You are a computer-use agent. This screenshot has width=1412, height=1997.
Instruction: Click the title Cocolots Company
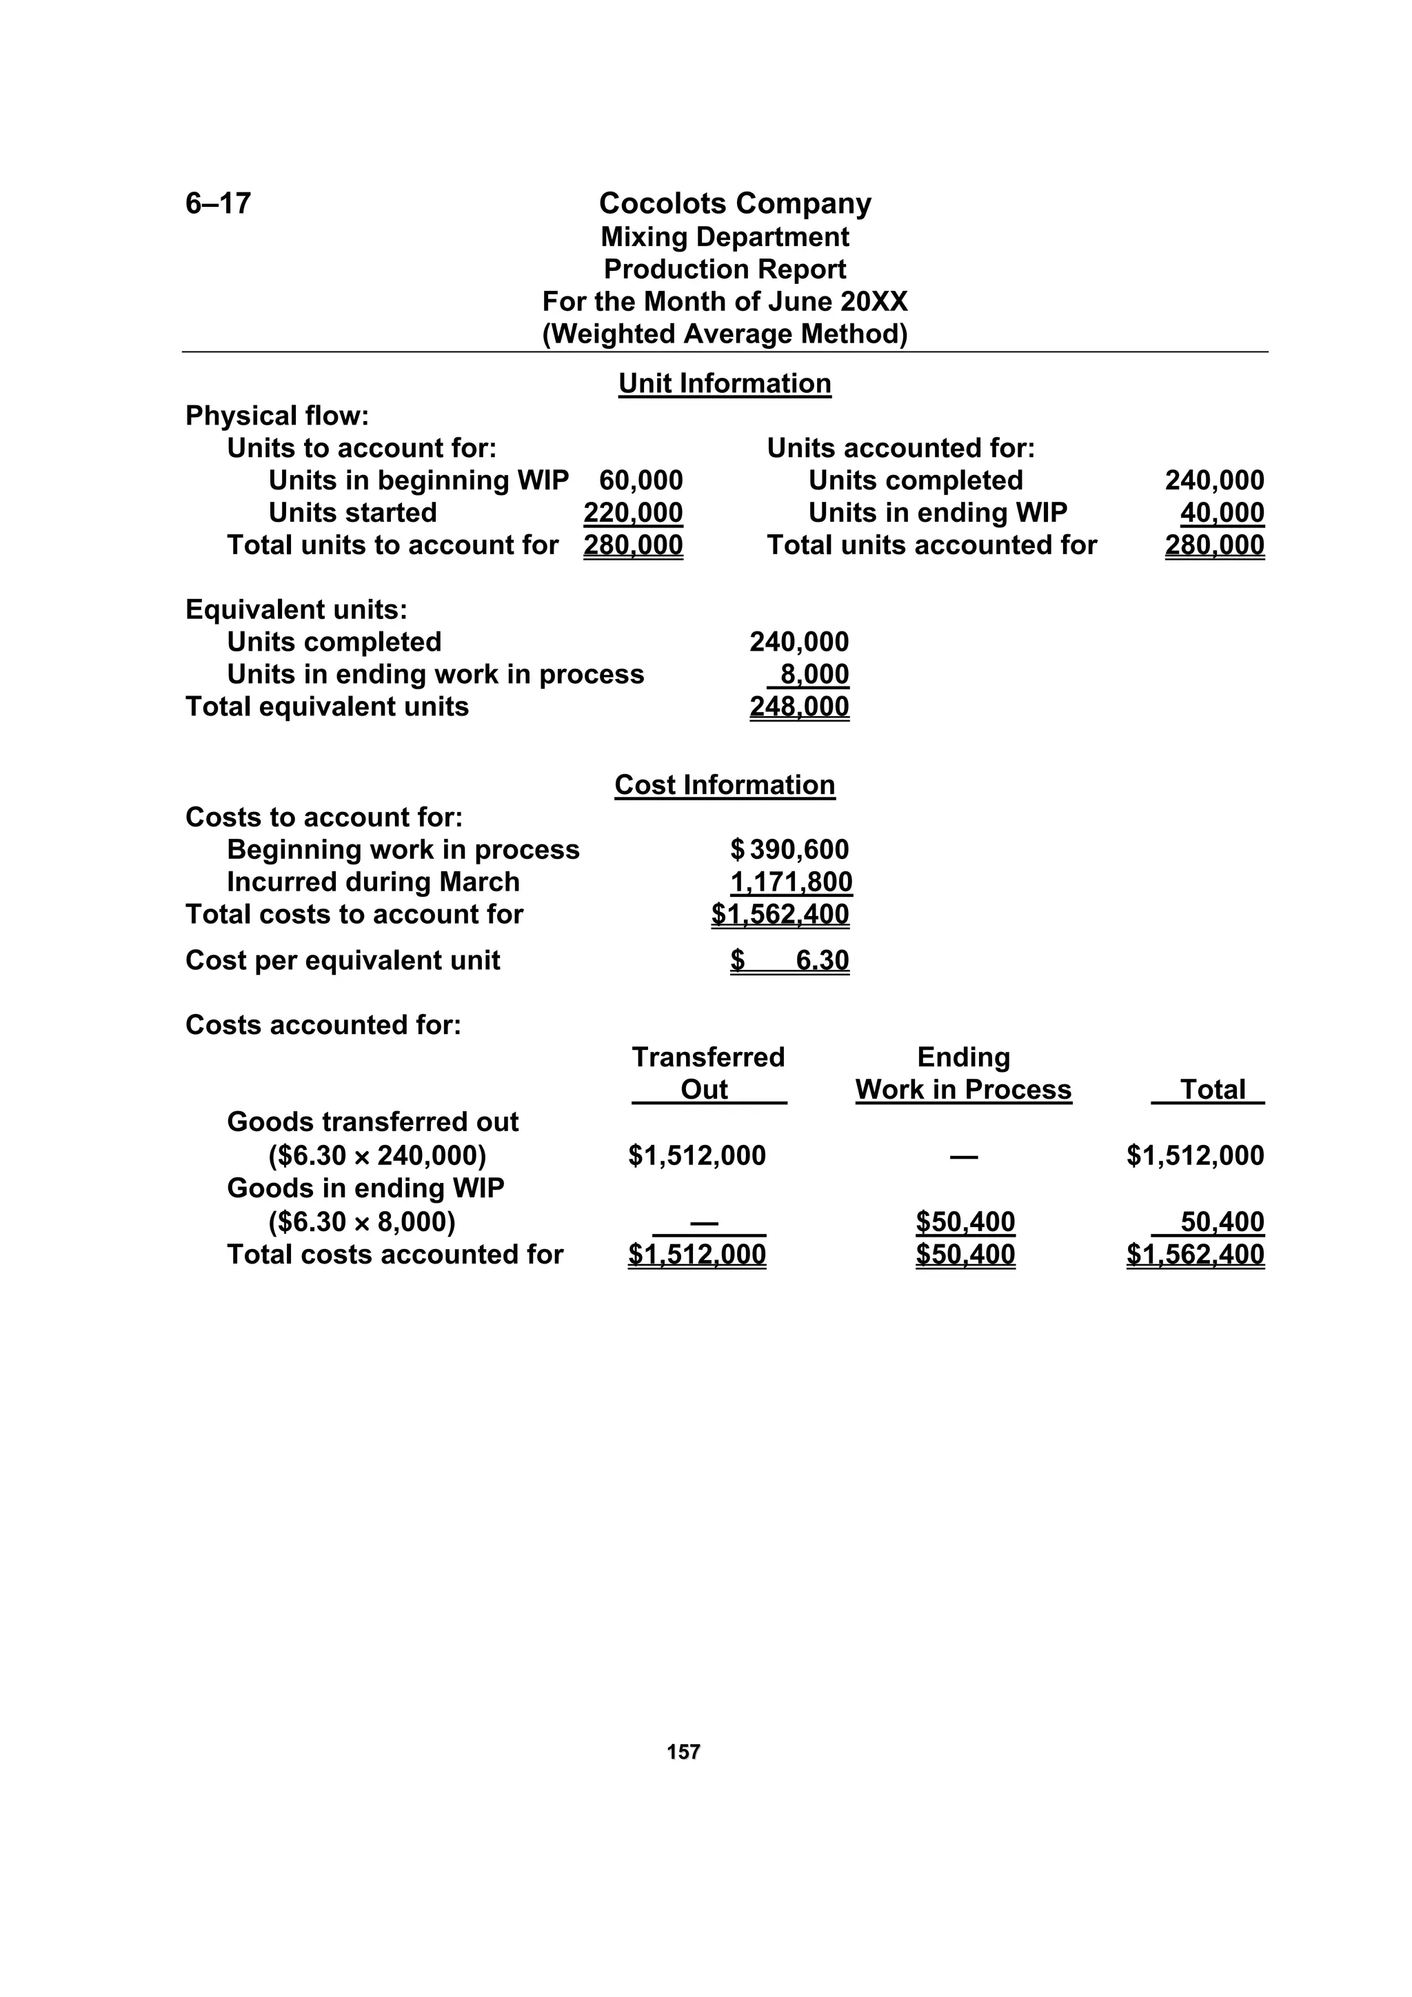coord(734,203)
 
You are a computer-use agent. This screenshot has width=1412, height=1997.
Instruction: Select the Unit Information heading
coord(724,383)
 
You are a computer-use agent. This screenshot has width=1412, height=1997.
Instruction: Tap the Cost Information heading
coord(724,784)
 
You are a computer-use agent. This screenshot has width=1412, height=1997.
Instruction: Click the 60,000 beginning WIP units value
coord(641,480)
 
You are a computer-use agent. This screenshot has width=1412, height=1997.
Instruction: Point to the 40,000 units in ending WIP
coord(1222,512)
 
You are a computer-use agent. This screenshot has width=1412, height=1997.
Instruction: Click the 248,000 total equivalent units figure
coord(798,707)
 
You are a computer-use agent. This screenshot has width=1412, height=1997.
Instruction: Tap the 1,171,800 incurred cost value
coord(790,882)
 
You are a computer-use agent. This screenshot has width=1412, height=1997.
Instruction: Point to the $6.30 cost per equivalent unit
coord(790,960)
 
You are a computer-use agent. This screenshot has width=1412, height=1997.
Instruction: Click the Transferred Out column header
coord(707,1073)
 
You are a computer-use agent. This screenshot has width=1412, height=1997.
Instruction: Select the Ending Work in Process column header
coord(963,1073)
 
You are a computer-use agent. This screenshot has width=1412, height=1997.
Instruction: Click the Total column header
coord(1212,1090)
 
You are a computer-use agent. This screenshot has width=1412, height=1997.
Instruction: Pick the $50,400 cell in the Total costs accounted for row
coord(965,1254)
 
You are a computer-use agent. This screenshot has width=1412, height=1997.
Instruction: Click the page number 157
coord(683,1752)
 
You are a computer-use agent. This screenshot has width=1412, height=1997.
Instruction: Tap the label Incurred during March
coord(372,882)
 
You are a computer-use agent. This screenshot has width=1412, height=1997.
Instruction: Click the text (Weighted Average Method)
coord(724,334)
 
